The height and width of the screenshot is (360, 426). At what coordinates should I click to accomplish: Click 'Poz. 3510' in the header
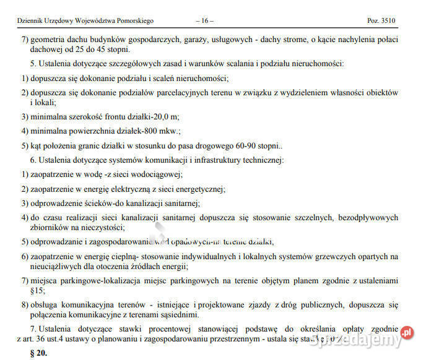(x=381, y=20)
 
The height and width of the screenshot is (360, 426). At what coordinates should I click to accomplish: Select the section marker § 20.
(x=38, y=353)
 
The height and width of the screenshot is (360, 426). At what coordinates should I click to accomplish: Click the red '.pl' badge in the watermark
(x=406, y=333)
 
